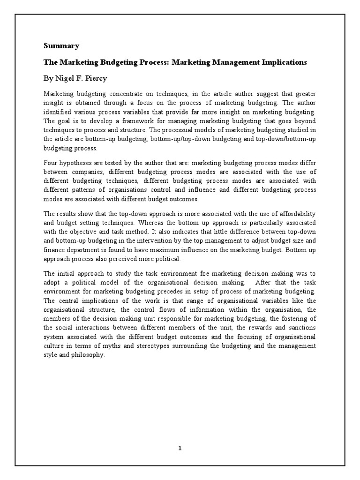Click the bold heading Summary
click(61, 46)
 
